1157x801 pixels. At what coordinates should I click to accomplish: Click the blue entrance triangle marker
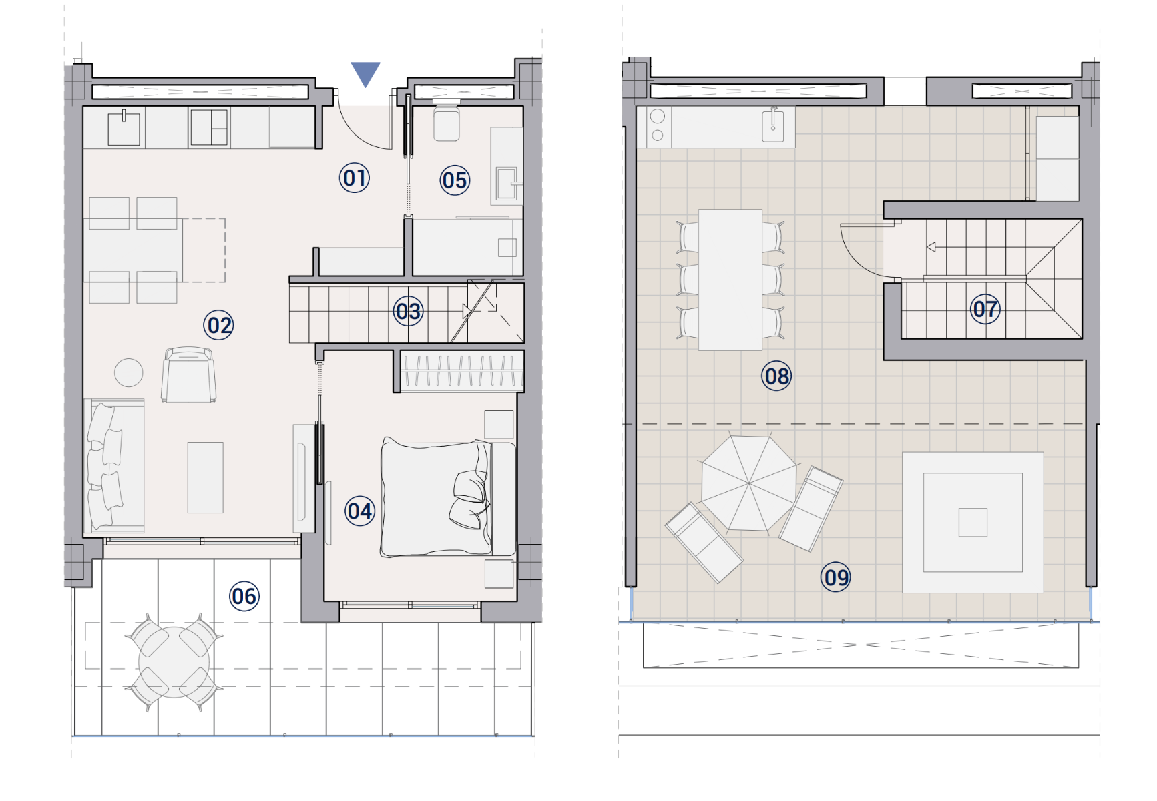point(365,73)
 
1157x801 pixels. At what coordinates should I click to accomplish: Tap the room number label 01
point(355,178)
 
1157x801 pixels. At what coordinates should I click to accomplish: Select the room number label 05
point(455,180)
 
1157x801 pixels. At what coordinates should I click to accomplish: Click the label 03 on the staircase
point(409,311)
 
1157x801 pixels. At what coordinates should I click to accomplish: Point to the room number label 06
point(244,596)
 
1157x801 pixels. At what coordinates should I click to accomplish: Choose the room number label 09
point(836,577)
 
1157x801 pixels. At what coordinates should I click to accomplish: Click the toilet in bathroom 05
point(446,121)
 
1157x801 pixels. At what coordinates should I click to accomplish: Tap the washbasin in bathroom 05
point(507,184)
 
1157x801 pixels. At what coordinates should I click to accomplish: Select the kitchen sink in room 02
point(124,127)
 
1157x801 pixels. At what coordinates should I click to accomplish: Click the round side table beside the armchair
point(128,373)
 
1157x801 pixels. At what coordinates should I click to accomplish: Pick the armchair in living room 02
point(188,374)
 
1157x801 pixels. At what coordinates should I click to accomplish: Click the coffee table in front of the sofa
point(205,477)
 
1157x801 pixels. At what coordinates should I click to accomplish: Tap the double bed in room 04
point(448,497)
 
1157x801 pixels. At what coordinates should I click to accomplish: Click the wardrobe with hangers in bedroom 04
point(462,371)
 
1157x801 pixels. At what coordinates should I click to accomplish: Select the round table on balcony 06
point(174,662)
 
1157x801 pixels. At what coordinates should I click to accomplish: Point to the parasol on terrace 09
point(749,483)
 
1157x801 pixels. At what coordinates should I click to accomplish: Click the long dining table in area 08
point(730,280)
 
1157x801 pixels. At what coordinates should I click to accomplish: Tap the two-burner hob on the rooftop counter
point(658,126)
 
